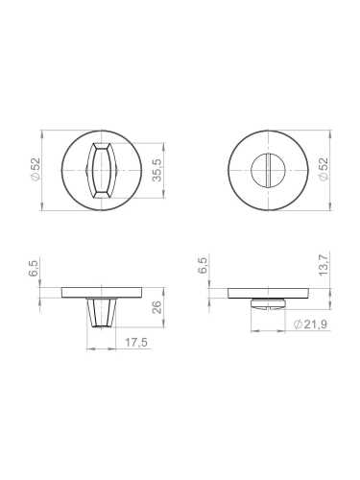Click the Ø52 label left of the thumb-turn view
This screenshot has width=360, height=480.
tap(34, 169)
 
